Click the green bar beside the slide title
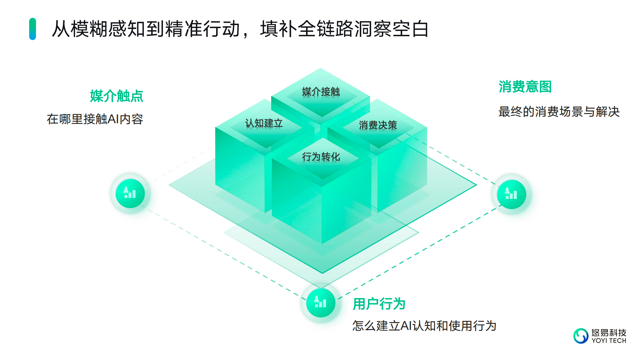pos(32,29)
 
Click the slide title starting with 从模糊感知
pos(240,29)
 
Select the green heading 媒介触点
pos(116,96)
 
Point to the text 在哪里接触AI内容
pos(95,119)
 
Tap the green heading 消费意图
pos(525,87)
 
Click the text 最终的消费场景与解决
pos(559,112)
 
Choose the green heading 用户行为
pos(379,304)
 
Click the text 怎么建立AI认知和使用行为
pos(424,326)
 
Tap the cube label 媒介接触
pos(321,92)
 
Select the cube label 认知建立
pos(264,123)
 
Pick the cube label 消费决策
pos(378,125)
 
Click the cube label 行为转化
pos(321,157)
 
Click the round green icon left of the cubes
pos(130,194)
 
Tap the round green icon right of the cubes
pos(511,195)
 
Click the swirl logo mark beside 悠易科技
pos(581,336)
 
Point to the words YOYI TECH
pos(608,341)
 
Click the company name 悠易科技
pos(608,333)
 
